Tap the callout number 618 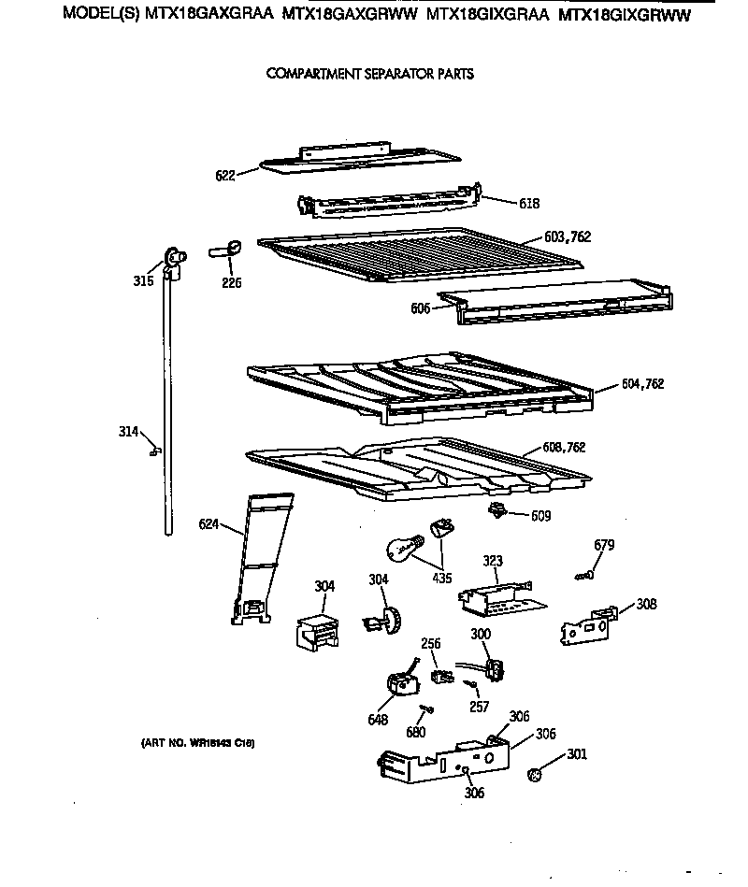click(x=529, y=203)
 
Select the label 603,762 click(x=568, y=237)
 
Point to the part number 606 click(x=421, y=308)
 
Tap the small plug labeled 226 click(x=226, y=249)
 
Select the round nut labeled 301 click(x=536, y=774)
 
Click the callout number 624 click(x=209, y=524)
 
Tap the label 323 click(x=493, y=562)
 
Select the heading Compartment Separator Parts click(x=370, y=74)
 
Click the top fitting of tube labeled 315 click(x=173, y=257)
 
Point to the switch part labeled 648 click(x=400, y=686)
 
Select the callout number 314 click(x=128, y=432)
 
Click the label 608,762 click(x=564, y=448)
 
